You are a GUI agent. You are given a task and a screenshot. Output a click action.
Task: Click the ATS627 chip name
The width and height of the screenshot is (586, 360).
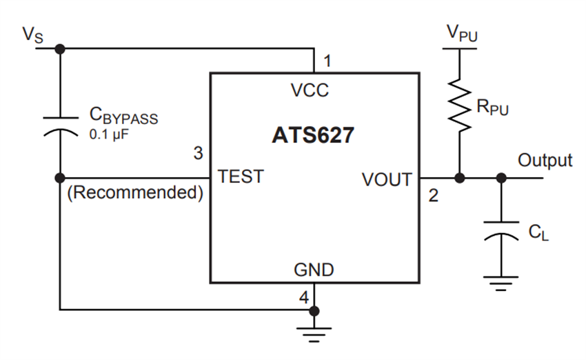click(313, 135)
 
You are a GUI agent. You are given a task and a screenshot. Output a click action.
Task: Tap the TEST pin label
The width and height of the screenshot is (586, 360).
click(241, 177)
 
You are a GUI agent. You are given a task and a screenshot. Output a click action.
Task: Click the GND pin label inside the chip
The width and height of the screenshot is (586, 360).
click(314, 270)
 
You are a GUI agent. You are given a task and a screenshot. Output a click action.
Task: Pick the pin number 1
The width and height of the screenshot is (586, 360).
click(327, 61)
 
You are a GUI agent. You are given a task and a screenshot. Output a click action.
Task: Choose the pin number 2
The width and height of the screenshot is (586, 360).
click(433, 196)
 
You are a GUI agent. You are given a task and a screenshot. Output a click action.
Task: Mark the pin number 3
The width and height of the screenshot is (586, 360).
click(198, 153)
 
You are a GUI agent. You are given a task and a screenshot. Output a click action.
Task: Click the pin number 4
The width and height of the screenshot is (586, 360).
click(304, 299)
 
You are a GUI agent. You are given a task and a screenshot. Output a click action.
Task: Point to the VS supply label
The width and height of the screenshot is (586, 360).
click(32, 35)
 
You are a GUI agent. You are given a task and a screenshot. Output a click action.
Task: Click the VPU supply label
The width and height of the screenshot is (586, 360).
click(461, 32)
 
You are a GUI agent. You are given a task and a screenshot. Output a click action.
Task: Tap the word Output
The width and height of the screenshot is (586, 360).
click(545, 161)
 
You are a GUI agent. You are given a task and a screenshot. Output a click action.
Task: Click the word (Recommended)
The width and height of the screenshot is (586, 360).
click(134, 193)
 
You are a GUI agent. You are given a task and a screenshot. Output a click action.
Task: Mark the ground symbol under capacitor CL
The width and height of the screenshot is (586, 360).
click(501, 282)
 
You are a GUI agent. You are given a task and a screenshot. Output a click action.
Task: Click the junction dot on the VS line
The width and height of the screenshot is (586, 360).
click(60, 49)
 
